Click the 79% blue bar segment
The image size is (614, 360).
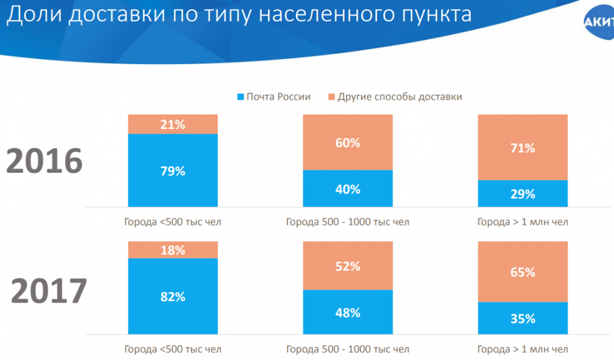tap(173, 170)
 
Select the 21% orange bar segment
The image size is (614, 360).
tap(173, 124)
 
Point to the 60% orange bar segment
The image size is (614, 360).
tap(348, 142)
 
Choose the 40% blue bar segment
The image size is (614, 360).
tap(348, 188)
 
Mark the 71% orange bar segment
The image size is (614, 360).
tap(522, 147)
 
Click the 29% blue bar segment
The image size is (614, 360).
tap(522, 193)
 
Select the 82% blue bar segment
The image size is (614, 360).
tap(173, 296)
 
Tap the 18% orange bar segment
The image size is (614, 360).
tap(173, 250)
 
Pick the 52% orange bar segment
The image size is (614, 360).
tap(348, 266)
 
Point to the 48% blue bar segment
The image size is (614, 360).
tap(348, 312)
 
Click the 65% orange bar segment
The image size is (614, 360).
tap(522, 272)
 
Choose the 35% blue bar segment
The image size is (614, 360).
tap(522, 318)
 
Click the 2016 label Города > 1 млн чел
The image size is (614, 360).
tap(522, 222)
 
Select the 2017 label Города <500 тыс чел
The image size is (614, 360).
tap(173, 349)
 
